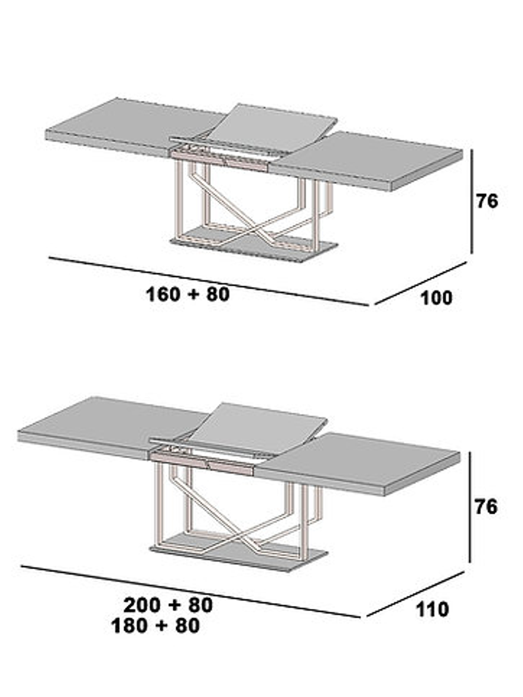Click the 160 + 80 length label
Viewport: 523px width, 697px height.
click(188, 294)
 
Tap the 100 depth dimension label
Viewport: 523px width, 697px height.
click(436, 298)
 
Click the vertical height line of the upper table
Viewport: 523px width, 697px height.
click(472, 201)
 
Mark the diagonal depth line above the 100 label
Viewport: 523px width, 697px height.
click(420, 283)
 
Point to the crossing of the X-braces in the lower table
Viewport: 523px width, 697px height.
click(240, 537)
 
